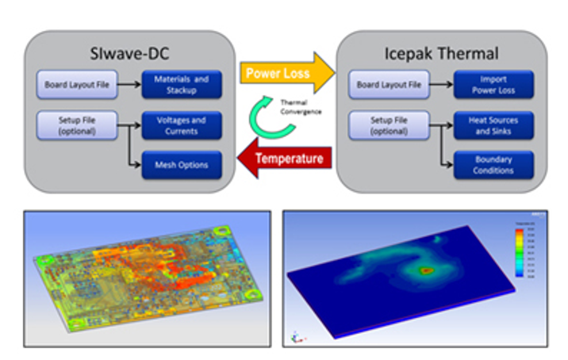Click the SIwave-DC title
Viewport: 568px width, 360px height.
tap(130, 52)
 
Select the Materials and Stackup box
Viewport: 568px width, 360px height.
tap(182, 84)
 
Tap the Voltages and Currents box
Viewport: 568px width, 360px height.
tap(182, 125)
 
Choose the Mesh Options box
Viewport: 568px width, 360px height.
tap(182, 165)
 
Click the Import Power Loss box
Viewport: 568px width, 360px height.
tap(493, 84)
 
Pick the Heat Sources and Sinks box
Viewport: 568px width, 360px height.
tap(493, 125)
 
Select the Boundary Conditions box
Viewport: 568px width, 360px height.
tap(493, 165)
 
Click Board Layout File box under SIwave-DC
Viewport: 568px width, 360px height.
tap(77, 83)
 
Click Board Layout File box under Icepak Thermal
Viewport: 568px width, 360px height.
tap(389, 83)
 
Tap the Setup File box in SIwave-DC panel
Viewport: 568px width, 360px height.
tap(77, 124)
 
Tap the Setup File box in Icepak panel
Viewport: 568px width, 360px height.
tap(389, 124)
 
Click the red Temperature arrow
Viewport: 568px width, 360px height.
tap(285, 159)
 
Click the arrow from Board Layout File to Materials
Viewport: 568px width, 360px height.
tap(128, 83)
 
